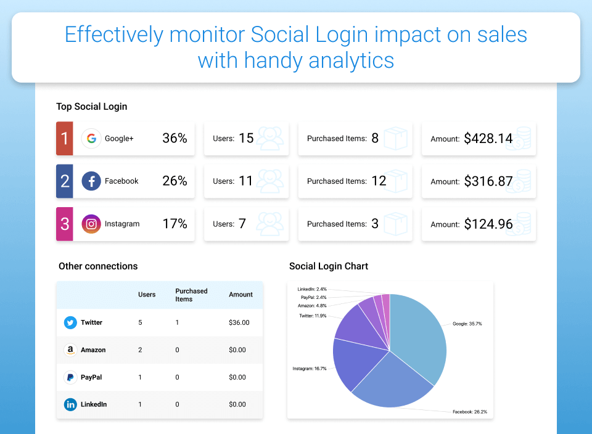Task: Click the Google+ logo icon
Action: tap(91, 139)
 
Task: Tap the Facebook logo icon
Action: tap(91, 181)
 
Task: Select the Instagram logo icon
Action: tap(91, 224)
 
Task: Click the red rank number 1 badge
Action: tap(64, 139)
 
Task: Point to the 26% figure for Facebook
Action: tap(175, 181)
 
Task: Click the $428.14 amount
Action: tap(488, 139)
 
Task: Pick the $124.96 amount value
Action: tap(488, 224)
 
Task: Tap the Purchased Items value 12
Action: tap(379, 181)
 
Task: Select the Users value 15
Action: tap(246, 139)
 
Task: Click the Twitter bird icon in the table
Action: tap(70, 322)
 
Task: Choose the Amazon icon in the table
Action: tap(70, 350)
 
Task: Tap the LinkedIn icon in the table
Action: tap(70, 404)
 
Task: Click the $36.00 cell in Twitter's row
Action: tap(239, 322)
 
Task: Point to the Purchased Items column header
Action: tap(191, 295)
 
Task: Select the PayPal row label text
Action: tap(91, 377)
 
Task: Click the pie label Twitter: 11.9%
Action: tap(313, 316)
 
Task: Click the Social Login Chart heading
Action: tap(329, 266)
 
